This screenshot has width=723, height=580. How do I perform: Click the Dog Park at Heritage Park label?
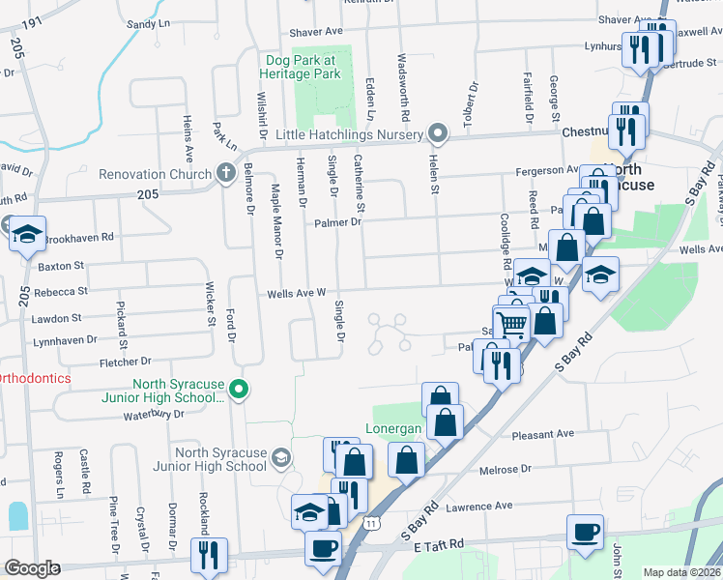pyautogui.click(x=304, y=66)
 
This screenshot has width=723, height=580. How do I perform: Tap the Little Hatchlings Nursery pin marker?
pyautogui.click(x=438, y=133)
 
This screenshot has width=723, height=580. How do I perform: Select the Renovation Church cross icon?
pyautogui.click(x=225, y=174)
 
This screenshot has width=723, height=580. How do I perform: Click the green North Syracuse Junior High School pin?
pyautogui.click(x=241, y=391)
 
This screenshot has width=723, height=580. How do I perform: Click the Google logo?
pyautogui.click(x=31, y=568)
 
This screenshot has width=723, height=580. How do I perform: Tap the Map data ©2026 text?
pyautogui.click(x=681, y=572)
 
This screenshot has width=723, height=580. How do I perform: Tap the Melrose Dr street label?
pyautogui.click(x=505, y=469)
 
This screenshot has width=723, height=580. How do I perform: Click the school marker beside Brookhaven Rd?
pyautogui.click(x=27, y=233)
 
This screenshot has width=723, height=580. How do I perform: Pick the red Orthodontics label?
pyautogui.click(x=35, y=378)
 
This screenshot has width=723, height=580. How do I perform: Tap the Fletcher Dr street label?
pyautogui.click(x=127, y=362)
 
